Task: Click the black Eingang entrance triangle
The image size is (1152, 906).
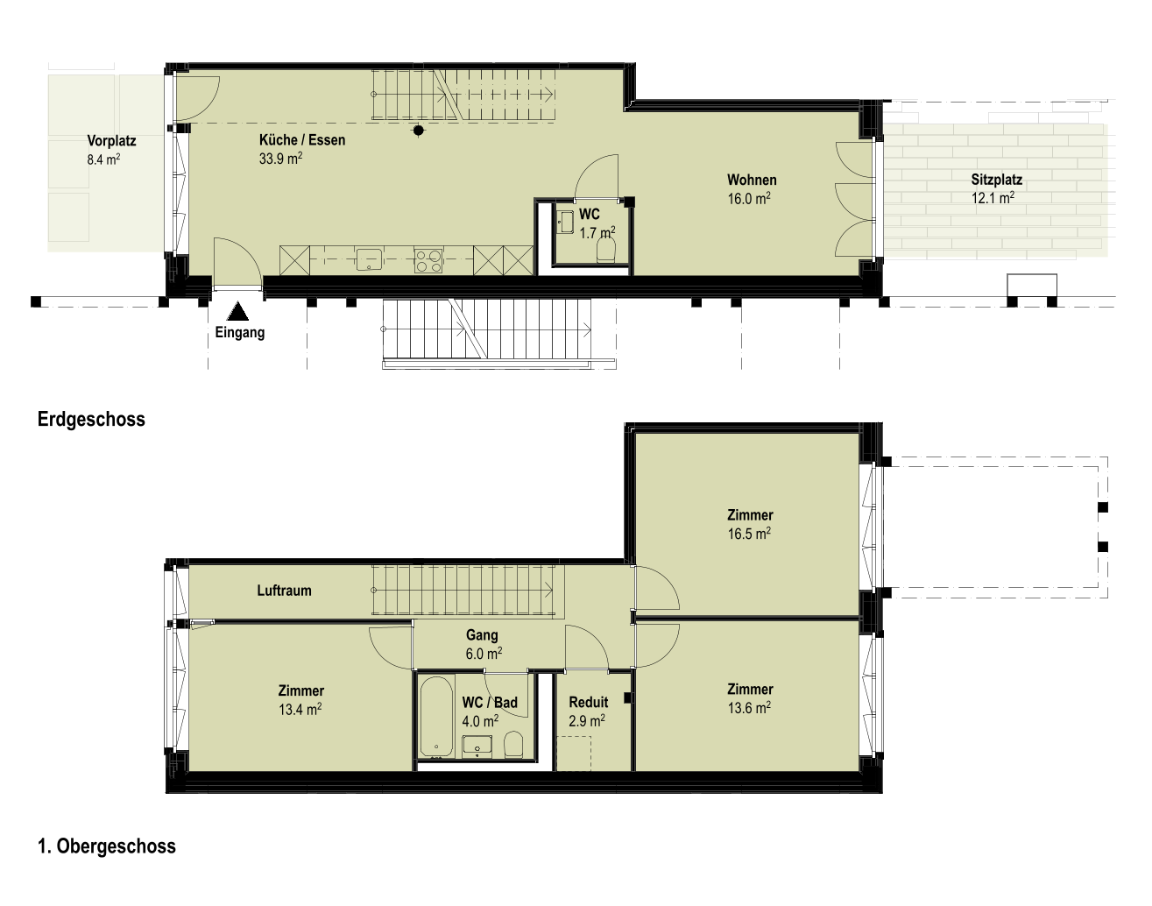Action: pyautogui.click(x=237, y=312)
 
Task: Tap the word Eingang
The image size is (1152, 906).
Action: pyautogui.click(x=240, y=333)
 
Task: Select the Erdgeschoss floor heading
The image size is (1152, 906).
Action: pyautogui.click(x=91, y=419)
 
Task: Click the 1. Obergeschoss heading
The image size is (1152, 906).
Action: pyautogui.click(x=107, y=846)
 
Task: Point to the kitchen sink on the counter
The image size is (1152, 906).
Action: pyautogui.click(x=370, y=259)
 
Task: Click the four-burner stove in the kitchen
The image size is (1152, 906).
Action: pyautogui.click(x=428, y=261)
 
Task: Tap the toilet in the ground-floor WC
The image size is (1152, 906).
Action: pyautogui.click(x=606, y=250)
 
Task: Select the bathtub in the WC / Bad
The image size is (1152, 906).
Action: pyautogui.click(x=437, y=715)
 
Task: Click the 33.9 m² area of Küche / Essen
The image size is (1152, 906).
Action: pyautogui.click(x=280, y=159)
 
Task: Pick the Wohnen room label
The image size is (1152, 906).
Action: pyautogui.click(x=752, y=180)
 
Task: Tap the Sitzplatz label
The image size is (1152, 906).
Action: pyautogui.click(x=997, y=180)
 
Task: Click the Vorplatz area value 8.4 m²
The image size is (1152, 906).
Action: pyautogui.click(x=103, y=159)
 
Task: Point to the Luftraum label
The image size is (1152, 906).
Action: pyautogui.click(x=284, y=591)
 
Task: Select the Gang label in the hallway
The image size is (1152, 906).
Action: pyautogui.click(x=482, y=635)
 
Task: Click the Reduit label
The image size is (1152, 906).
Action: pyautogui.click(x=589, y=702)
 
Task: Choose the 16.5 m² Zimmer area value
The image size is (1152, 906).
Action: pyautogui.click(x=749, y=534)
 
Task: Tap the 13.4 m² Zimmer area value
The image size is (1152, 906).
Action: pyautogui.click(x=300, y=709)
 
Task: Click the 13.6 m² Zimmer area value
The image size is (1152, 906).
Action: pyautogui.click(x=749, y=707)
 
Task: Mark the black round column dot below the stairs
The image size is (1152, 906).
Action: pyautogui.click(x=419, y=130)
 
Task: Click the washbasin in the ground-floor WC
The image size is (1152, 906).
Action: pyautogui.click(x=565, y=223)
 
